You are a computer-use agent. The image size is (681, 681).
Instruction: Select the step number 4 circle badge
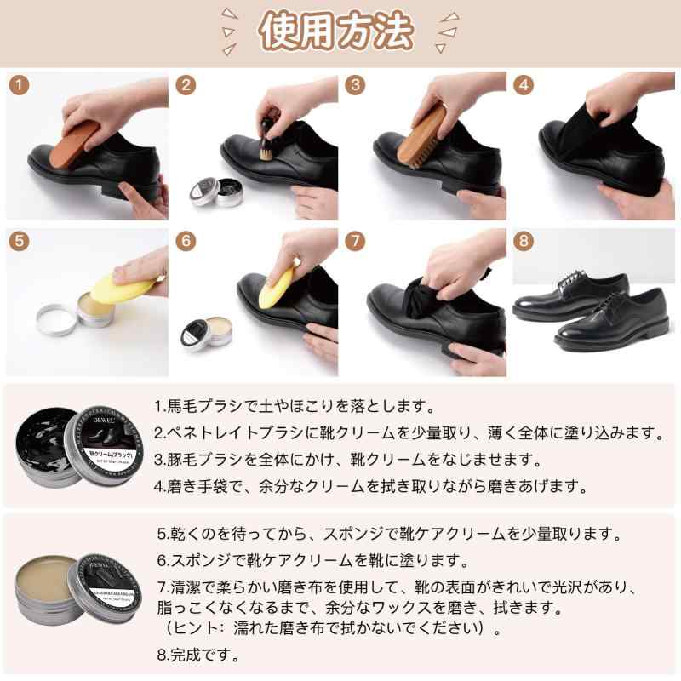tap(525, 85)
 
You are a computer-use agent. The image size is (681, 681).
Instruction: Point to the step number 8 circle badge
tap(525, 241)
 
